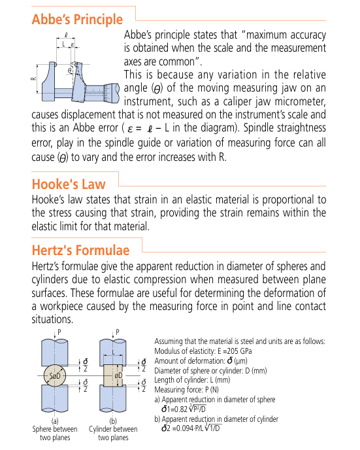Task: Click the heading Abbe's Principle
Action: tap(77, 20)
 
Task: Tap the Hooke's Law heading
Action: tap(69, 184)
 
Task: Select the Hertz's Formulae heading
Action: tap(80, 250)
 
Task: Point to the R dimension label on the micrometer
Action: tap(33, 78)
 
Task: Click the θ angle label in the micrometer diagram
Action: tap(70, 70)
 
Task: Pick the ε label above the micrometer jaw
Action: tap(73, 44)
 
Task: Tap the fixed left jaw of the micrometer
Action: tap(49, 82)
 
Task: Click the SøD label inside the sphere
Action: tap(55, 375)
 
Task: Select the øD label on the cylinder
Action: tap(118, 375)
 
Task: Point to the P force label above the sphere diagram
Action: tap(59, 332)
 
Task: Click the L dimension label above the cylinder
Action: tap(113, 352)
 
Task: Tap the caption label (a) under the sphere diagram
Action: tap(55, 421)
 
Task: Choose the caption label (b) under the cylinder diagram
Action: tap(113, 421)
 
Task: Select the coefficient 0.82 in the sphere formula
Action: tap(180, 409)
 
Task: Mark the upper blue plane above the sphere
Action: tap(55, 353)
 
